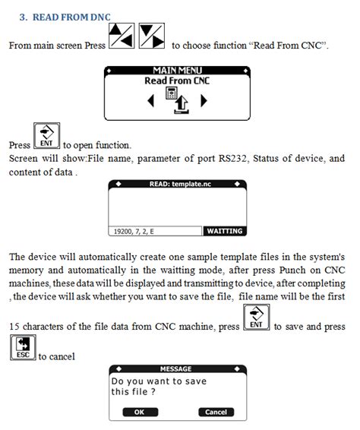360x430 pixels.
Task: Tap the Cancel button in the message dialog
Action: [216, 412]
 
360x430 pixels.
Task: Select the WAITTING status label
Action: [224, 231]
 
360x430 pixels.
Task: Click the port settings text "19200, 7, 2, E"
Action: [137, 231]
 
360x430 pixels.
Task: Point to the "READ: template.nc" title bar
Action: [177, 184]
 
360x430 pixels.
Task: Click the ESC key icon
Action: [23, 346]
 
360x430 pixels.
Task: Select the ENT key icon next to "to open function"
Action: [46, 136]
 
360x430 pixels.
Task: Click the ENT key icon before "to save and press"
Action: [256, 318]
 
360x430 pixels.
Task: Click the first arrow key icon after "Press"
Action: [122, 35]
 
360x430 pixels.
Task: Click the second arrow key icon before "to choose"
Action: [152, 35]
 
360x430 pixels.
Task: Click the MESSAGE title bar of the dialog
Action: [177, 369]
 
